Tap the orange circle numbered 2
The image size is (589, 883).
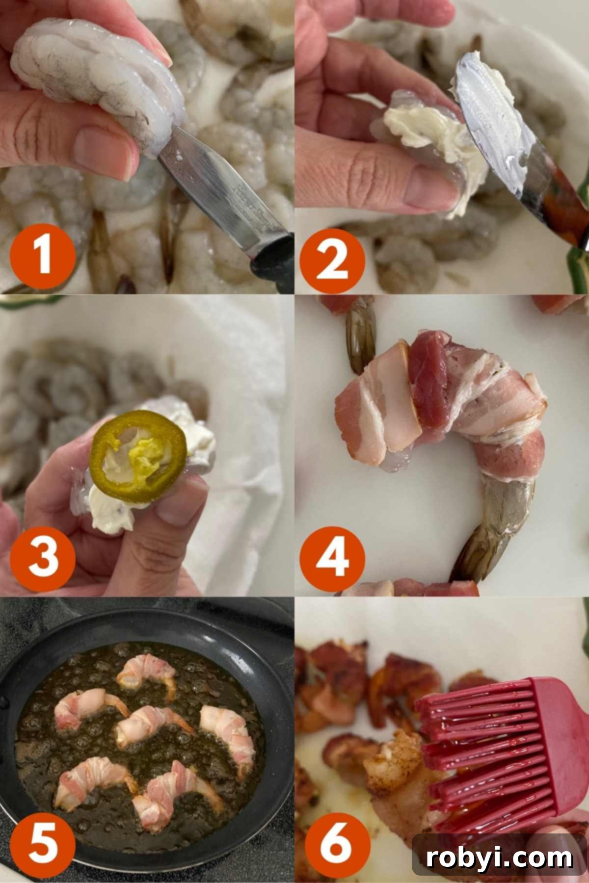[332, 260]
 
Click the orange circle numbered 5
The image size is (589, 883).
[43, 845]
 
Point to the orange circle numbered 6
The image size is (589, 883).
[332, 845]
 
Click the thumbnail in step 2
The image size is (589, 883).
[427, 184]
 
